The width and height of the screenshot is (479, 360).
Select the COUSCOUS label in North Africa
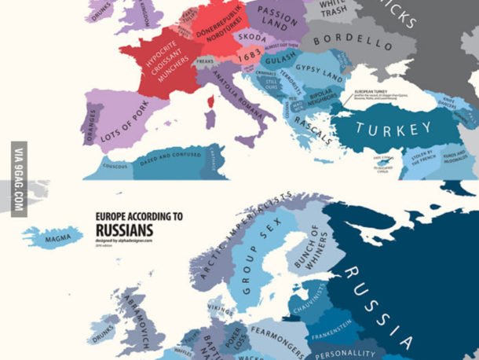pyautogui.click(x=115, y=166)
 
